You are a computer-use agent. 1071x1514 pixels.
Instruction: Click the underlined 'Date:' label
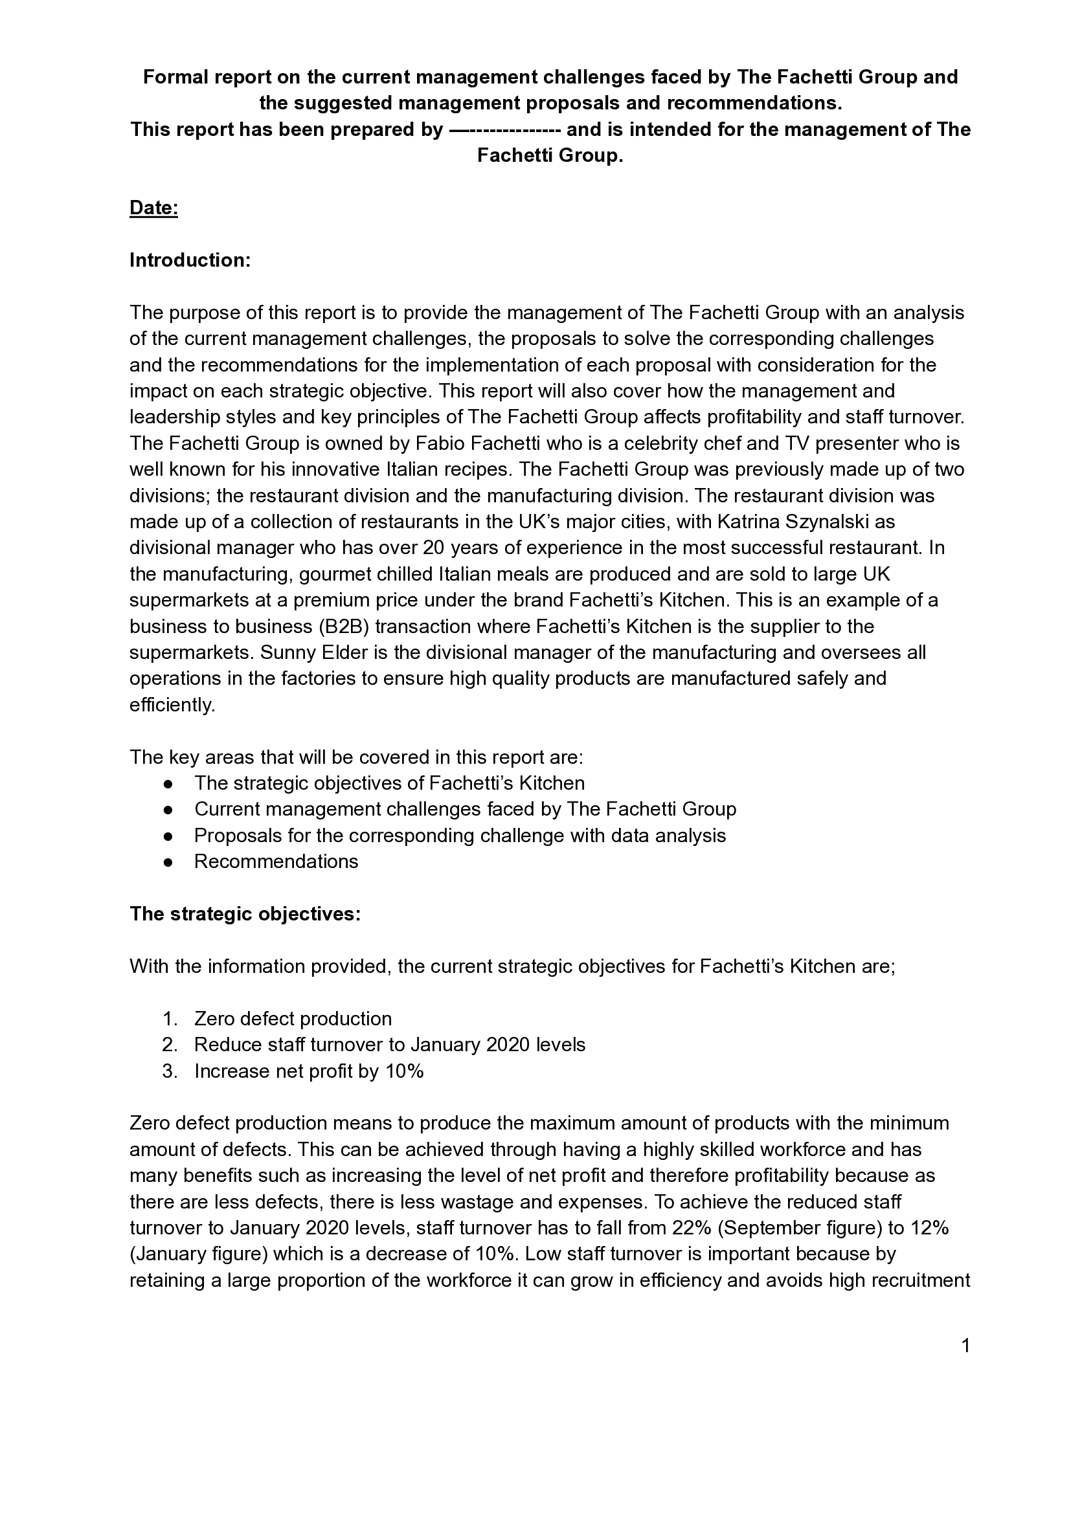(x=153, y=208)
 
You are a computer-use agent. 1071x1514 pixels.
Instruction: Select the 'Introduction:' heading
(x=190, y=260)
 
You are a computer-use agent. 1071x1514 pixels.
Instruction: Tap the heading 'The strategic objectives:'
(x=245, y=914)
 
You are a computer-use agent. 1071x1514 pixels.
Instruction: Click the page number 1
(x=966, y=1346)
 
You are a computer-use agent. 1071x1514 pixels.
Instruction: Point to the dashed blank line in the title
(x=504, y=130)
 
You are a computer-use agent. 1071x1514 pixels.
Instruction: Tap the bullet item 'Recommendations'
(x=276, y=862)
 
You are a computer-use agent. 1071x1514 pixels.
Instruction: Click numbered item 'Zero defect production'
(x=293, y=1019)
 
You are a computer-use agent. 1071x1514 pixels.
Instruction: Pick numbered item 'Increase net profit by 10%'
(x=309, y=1071)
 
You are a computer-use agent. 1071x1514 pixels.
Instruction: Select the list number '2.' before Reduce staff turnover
(x=170, y=1045)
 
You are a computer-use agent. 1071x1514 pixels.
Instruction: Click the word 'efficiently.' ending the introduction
(x=172, y=705)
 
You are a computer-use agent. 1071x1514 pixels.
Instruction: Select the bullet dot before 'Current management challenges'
(x=168, y=810)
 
